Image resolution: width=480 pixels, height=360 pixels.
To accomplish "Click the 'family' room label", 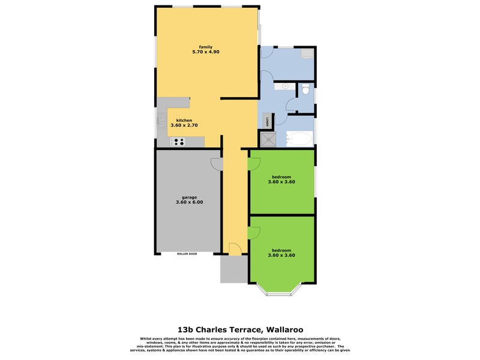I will click(x=206, y=47).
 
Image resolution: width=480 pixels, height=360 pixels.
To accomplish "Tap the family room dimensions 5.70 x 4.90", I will click(x=206, y=52).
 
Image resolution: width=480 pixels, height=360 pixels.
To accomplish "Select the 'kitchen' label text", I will click(x=184, y=121).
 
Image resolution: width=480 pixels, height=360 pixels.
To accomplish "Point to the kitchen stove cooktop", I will click(x=178, y=142).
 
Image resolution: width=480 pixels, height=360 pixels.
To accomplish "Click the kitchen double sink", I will click(x=161, y=123).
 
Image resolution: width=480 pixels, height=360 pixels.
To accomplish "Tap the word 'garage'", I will click(x=190, y=197).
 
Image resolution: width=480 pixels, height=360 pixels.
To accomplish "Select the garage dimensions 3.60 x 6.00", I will click(x=190, y=202).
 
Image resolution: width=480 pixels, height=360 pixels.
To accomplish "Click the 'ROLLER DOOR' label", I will click(x=187, y=254).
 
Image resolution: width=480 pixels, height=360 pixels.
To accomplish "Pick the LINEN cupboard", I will click(x=264, y=120).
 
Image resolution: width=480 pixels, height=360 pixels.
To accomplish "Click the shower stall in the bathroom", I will click(x=265, y=139).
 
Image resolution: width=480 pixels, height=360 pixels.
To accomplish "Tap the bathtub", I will click(x=298, y=140).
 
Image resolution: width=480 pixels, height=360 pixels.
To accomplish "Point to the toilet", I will click(x=305, y=91).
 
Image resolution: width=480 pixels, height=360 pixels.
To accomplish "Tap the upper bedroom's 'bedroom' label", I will click(x=281, y=176).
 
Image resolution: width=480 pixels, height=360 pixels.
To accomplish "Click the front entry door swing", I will click(x=234, y=248).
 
